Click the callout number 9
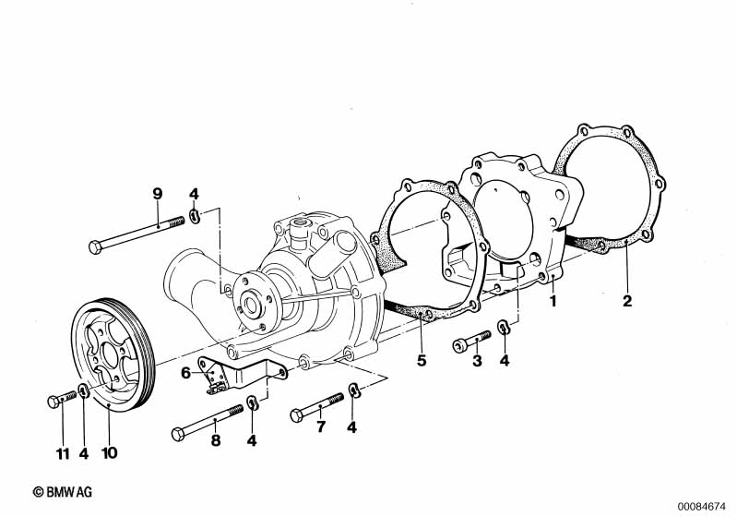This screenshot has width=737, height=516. point(157,193)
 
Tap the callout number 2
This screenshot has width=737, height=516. point(626,301)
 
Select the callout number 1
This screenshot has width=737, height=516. point(553,301)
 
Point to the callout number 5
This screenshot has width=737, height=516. point(422,360)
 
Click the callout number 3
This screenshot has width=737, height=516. point(477,361)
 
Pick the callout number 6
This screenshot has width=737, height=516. point(184,372)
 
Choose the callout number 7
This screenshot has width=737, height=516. point(321,426)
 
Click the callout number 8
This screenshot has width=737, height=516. point(215,440)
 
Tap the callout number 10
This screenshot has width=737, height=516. point(110,453)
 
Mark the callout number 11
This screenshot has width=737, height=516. point(62,453)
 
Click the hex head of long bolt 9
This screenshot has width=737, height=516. point(98,247)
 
